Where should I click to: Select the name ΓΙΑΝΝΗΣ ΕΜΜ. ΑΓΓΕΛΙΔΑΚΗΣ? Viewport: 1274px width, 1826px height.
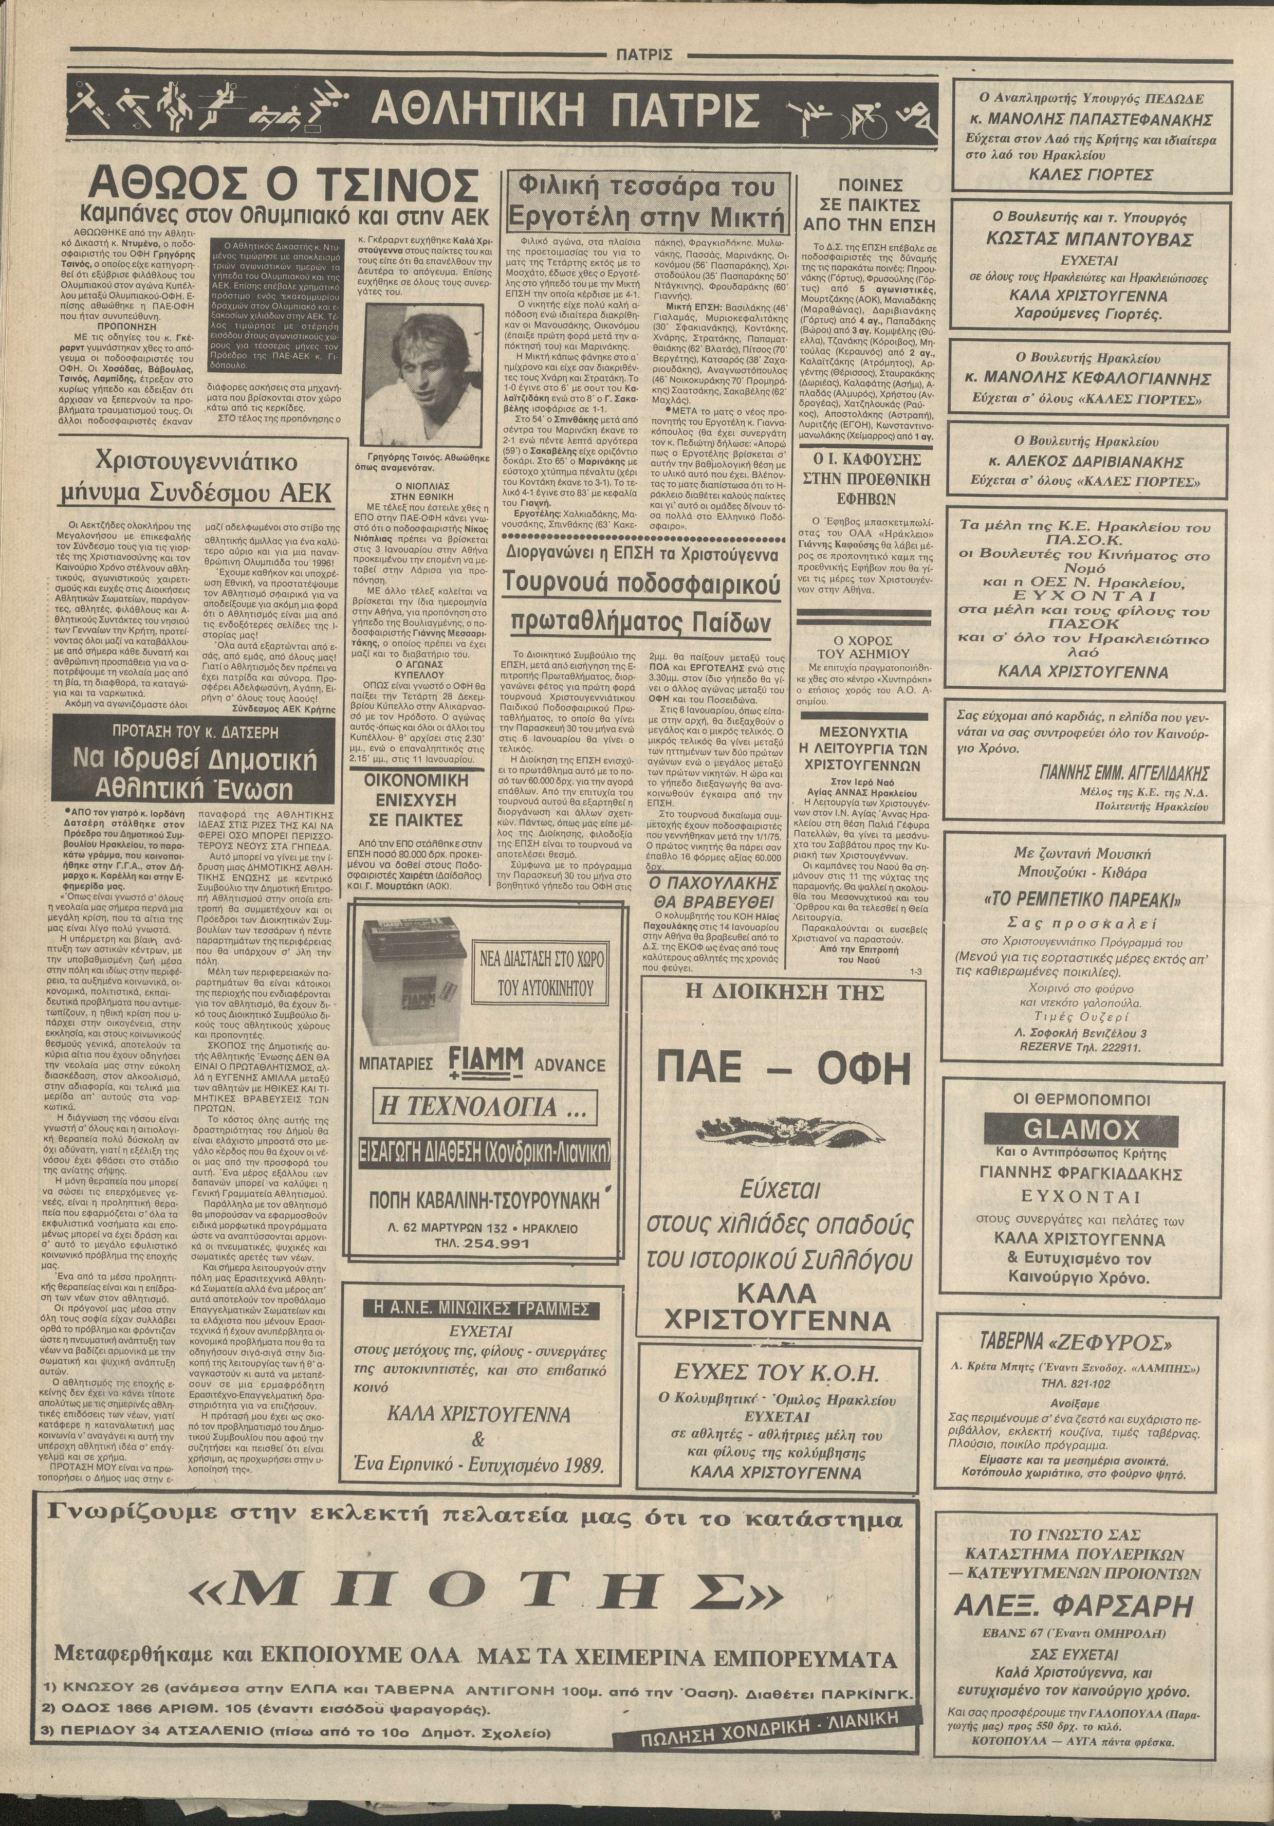click(1124, 772)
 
